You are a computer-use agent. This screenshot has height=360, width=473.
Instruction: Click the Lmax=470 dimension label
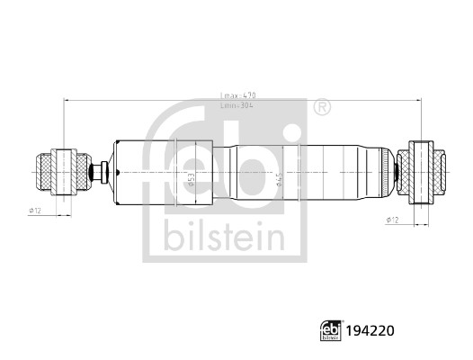[236, 94]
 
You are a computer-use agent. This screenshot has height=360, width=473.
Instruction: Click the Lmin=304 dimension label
[236, 105]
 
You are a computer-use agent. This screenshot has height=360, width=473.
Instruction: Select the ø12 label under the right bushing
[391, 220]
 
